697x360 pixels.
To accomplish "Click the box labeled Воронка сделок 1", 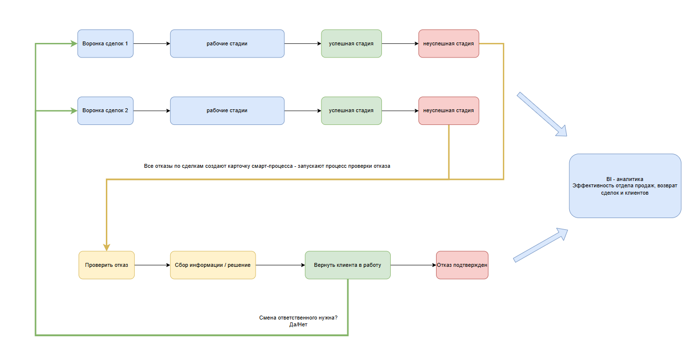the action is pyautogui.click(x=105, y=43).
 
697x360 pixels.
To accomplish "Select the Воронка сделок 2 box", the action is pyautogui.click(x=105, y=111).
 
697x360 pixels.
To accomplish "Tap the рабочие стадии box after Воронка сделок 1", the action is pyautogui.click(x=227, y=43).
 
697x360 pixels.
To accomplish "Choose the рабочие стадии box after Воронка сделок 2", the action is pyautogui.click(x=227, y=111).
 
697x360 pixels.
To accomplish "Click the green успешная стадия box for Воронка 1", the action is pyautogui.click(x=351, y=43).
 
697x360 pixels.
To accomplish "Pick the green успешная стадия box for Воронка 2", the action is pyautogui.click(x=351, y=111).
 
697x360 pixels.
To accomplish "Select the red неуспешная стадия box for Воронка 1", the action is pyautogui.click(x=449, y=43).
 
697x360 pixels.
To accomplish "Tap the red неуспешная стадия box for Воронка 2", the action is pyautogui.click(x=449, y=111).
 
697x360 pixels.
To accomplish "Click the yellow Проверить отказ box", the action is pyautogui.click(x=106, y=265).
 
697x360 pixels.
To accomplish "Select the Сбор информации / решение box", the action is pyautogui.click(x=213, y=265).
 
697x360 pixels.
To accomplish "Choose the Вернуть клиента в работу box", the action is pyautogui.click(x=348, y=265).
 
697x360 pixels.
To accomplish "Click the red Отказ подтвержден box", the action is pyautogui.click(x=462, y=265).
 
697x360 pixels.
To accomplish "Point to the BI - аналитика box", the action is pyautogui.click(x=625, y=186).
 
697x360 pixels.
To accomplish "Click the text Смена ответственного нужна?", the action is pyautogui.click(x=299, y=318).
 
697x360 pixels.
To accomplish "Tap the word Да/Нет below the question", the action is pyautogui.click(x=299, y=324).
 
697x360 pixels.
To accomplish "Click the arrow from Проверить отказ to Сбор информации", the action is pyautogui.click(x=153, y=265).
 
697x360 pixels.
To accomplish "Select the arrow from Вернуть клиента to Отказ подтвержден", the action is pyautogui.click(x=413, y=265).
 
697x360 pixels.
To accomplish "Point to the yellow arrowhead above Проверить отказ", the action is pyautogui.click(x=106, y=247).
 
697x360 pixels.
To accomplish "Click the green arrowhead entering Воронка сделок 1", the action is pyautogui.click(x=74, y=43).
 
